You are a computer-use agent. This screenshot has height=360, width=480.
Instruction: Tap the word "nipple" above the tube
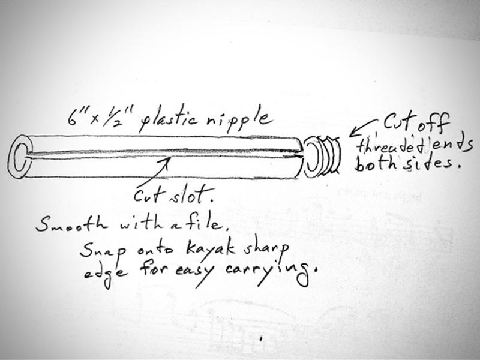(x=238, y=120)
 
